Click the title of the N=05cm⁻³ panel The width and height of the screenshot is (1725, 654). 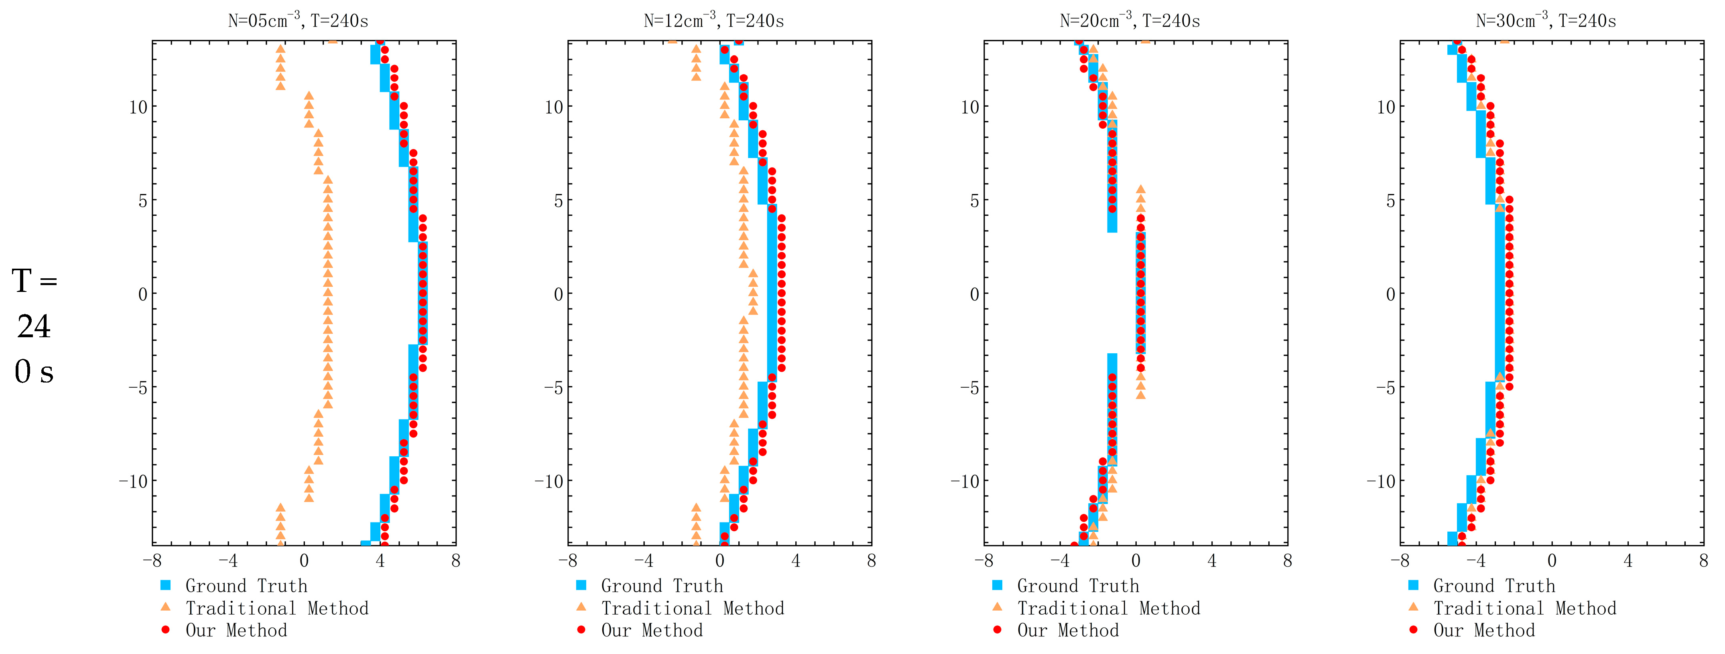[298, 21]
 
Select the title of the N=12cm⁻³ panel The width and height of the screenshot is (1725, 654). [714, 21]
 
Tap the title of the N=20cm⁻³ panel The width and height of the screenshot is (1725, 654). [1130, 21]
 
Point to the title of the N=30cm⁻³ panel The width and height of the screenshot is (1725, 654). [1546, 21]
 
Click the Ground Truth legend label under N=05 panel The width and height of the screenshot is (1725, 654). [246, 586]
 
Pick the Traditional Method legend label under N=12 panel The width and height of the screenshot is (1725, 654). [693, 608]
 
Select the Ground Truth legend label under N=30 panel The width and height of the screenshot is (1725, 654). [1494, 586]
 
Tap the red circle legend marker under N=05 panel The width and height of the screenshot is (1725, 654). [166, 630]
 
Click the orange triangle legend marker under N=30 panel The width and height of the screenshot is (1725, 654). [1414, 607]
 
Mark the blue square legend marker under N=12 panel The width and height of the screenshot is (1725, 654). [581, 586]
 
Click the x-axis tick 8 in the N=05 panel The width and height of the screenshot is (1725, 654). [456, 561]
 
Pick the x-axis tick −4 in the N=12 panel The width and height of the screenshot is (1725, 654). [644, 561]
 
